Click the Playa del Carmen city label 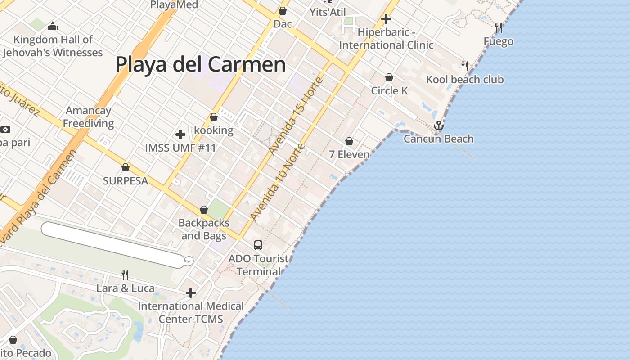(200, 64)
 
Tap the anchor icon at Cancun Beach (439, 126)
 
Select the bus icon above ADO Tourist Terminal (258, 245)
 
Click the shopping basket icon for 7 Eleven (349, 142)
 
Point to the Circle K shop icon (389, 78)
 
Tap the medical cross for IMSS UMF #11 (180, 134)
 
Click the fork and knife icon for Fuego (499, 28)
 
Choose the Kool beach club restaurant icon (465, 66)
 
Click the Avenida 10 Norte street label (278, 182)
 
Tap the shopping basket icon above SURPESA (126, 168)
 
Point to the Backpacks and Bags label (204, 229)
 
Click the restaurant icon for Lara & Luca (125, 274)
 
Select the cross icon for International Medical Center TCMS (191, 293)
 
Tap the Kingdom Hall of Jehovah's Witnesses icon (53, 27)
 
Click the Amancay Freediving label (88, 117)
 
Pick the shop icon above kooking (214, 117)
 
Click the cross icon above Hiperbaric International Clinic (386, 19)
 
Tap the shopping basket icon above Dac (283, 11)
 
